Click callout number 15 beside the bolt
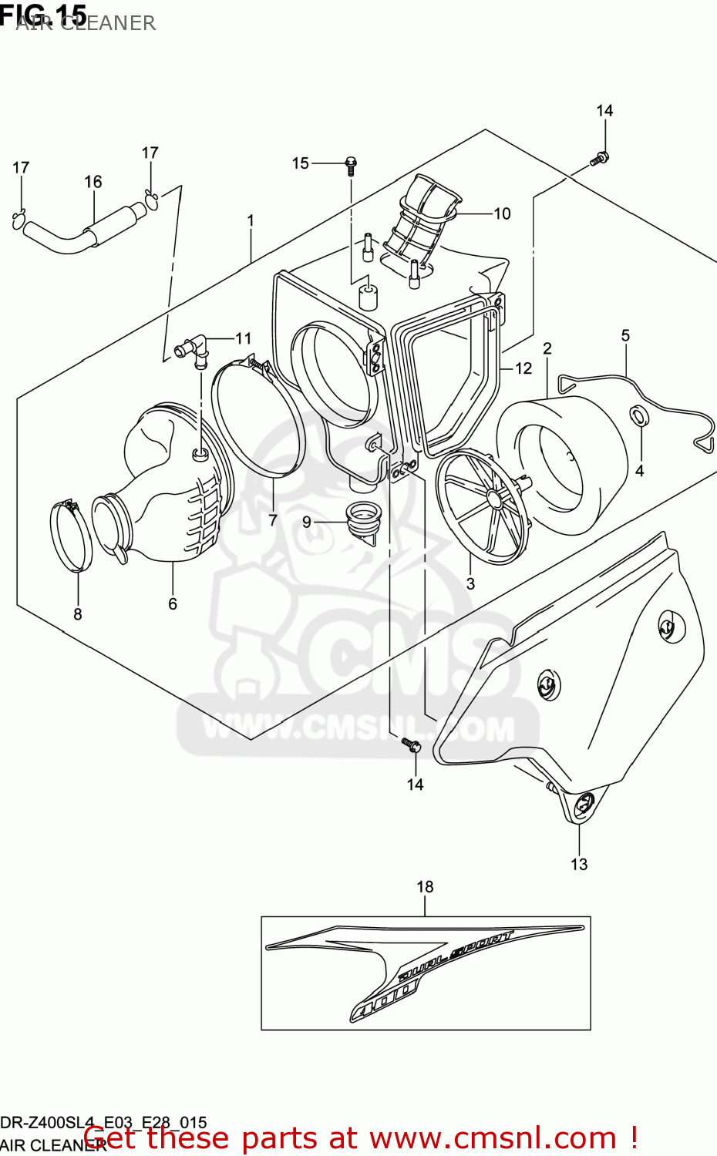[300, 163]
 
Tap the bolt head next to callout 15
[351, 163]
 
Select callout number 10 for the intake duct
[502, 213]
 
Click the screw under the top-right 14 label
[600, 159]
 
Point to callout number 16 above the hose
[93, 182]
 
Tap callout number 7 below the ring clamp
[273, 520]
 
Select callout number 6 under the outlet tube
[173, 604]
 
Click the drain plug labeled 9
[359, 519]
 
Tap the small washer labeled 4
[639, 417]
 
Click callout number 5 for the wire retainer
[625, 335]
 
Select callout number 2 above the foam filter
[547, 348]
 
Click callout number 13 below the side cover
[579, 865]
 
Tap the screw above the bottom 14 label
[412, 745]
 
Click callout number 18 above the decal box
[425, 887]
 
